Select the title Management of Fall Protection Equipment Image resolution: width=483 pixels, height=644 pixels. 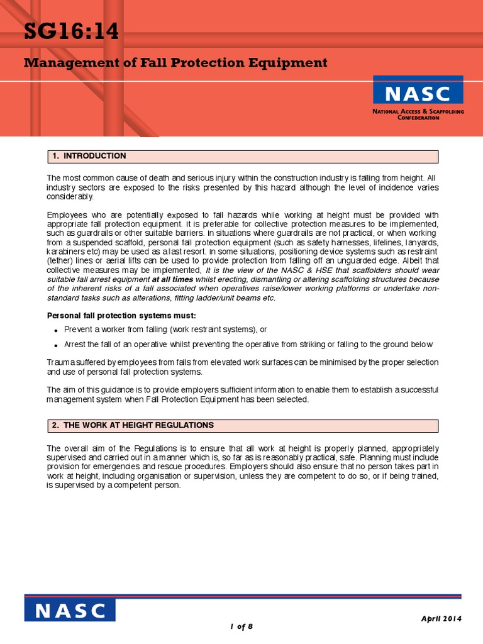(175, 63)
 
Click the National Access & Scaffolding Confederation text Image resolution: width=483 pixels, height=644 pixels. (418, 114)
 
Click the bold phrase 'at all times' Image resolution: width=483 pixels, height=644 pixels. (172, 279)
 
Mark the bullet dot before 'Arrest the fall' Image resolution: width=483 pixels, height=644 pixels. (56, 345)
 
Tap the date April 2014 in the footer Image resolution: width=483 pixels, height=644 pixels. (441, 619)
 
